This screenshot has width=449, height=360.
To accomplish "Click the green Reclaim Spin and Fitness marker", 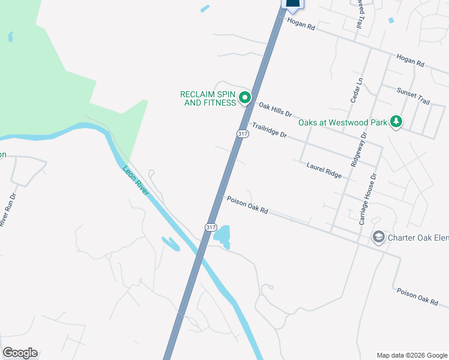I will point(245,97).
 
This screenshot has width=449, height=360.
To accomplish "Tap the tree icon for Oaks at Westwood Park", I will point(396,122).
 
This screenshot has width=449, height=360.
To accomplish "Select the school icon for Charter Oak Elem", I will point(378,238).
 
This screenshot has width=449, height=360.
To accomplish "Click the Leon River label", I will point(136,180).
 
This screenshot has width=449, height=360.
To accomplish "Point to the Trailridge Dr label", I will point(270,130).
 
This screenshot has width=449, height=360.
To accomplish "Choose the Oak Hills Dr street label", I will point(275,109).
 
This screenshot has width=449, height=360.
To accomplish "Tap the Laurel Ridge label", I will point(324,170).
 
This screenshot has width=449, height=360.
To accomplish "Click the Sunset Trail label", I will point(414,96).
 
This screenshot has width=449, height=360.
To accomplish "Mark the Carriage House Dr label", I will point(367,199).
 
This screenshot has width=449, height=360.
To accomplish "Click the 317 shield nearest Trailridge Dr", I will point(242,134).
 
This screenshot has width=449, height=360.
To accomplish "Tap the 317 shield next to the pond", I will point(210,227).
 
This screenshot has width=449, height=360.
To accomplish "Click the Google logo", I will point(20,353).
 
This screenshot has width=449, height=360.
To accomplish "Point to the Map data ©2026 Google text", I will point(411,355).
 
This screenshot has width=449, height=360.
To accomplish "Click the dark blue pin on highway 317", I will point(292,4).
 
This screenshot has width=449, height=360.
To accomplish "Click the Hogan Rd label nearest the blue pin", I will point(301,24).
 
